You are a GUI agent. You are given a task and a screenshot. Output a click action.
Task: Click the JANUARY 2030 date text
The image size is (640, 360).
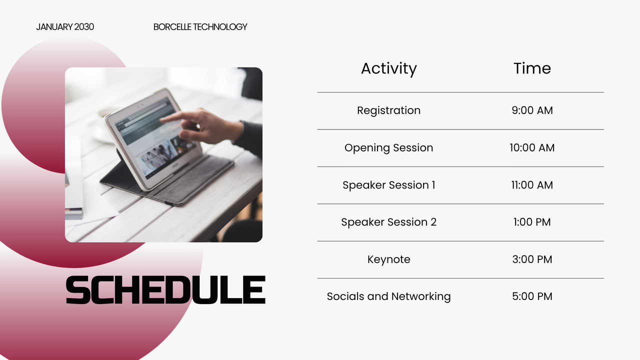click(x=65, y=27)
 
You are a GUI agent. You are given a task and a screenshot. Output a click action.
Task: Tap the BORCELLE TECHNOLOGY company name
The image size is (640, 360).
click(x=200, y=27)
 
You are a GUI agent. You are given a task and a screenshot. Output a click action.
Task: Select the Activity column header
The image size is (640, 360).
click(x=388, y=68)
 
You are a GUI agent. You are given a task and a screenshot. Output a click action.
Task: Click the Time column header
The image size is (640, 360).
click(x=532, y=68)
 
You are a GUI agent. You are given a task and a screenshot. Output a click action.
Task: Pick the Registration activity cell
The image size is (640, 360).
click(x=388, y=110)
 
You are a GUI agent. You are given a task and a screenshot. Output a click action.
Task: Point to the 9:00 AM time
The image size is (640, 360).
click(x=532, y=110)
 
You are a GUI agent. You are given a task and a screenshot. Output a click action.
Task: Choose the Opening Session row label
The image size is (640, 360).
click(x=388, y=148)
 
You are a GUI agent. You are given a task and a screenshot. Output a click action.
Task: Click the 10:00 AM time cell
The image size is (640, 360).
click(x=532, y=148)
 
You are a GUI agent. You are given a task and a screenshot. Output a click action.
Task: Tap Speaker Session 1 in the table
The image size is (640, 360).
click(x=388, y=185)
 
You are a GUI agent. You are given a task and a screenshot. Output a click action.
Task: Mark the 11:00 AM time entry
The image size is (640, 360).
click(x=532, y=185)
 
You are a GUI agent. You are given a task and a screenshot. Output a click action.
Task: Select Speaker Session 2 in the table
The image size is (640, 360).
click(x=388, y=222)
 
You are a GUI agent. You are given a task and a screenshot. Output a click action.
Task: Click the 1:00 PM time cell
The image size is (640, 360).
click(x=532, y=222)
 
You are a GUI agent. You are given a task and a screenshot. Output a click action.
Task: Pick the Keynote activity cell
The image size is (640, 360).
click(x=388, y=259)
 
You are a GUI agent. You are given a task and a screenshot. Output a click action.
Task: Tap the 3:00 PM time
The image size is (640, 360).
click(x=532, y=259)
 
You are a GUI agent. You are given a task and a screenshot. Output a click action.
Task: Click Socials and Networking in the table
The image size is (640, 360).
click(x=388, y=296)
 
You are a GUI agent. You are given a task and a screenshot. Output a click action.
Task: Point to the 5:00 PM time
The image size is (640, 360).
click(x=532, y=296)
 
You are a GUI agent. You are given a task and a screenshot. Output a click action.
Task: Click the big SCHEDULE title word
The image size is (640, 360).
click(x=165, y=290)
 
